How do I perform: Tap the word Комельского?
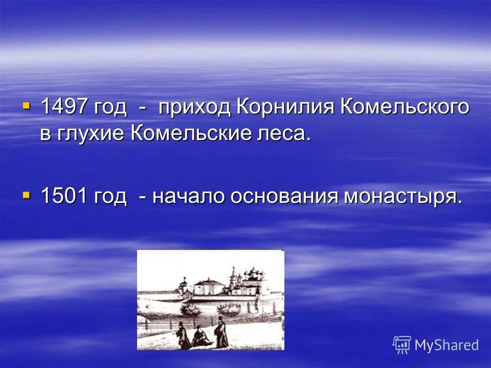(x=405, y=108)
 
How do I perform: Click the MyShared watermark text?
(x=447, y=345)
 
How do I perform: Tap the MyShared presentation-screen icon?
(x=402, y=344)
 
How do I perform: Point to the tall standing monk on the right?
(x=221, y=333)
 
